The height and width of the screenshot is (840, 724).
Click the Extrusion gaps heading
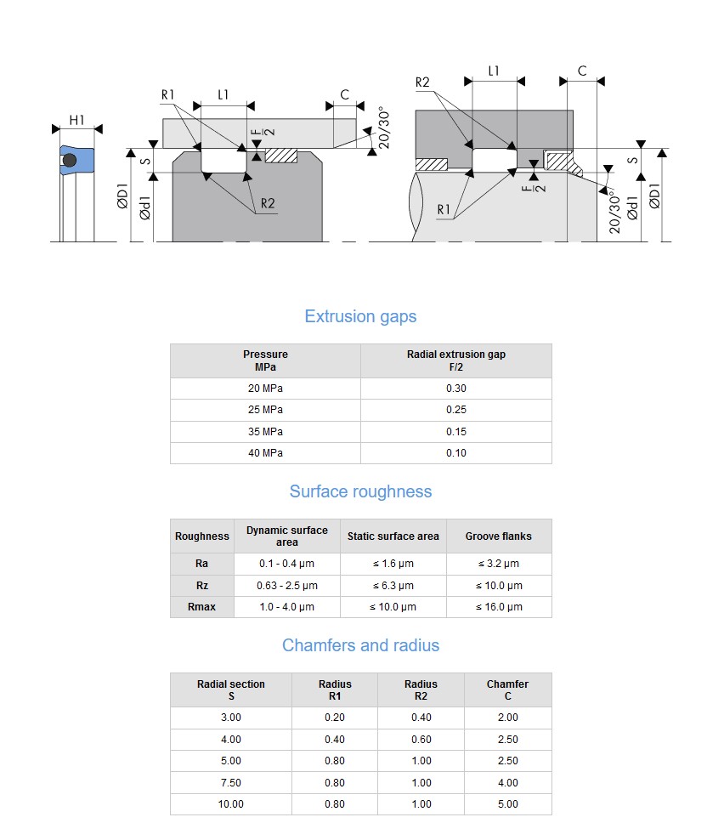pos(360,316)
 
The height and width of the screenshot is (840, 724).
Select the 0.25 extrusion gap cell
pos(456,410)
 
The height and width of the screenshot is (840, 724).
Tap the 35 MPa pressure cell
pos(265,431)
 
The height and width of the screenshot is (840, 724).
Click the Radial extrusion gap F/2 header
pos(456,360)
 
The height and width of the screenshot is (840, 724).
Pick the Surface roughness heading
pos(360,491)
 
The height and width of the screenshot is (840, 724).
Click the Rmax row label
pos(201,607)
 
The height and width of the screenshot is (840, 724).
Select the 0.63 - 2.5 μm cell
pos(287,586)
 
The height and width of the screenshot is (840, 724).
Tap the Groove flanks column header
pos(499,536)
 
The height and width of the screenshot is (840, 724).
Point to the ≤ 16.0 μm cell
pos(499,607)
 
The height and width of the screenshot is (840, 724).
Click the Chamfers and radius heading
pos(360,645)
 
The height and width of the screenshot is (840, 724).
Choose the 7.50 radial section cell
pos(231,782)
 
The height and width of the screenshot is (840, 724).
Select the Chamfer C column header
pos(507,690)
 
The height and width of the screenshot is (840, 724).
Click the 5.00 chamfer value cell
pos(507,804)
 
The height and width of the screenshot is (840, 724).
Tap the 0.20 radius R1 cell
pos(335,718)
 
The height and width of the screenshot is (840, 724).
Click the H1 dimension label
pos(77,120)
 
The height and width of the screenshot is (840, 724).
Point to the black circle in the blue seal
pos(70,161)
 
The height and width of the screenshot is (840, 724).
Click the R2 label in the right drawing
pos(422,82)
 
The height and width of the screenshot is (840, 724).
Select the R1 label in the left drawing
pos(167,95)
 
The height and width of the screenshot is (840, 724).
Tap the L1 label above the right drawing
pos(493,71)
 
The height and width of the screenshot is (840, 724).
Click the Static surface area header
pos(393,536)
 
